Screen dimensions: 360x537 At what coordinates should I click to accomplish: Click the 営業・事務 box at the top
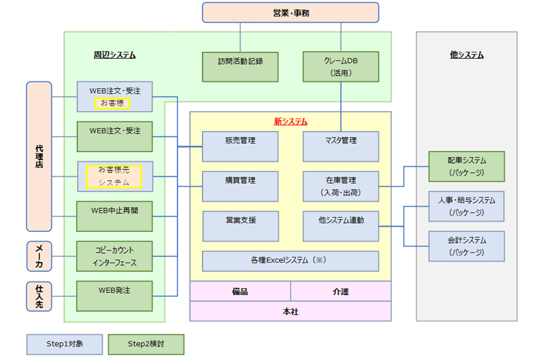[290, 12]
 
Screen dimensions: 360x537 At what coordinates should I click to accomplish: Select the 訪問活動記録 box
[240, 67]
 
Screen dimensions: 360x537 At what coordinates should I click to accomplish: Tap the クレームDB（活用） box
[341, 67]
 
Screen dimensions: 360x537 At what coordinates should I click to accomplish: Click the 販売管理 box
[240, 146]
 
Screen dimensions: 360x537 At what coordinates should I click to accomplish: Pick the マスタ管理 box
[341, 146]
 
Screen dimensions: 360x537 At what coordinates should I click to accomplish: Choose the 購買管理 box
[240, 186]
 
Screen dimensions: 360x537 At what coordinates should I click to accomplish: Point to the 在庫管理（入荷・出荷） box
[341, 186]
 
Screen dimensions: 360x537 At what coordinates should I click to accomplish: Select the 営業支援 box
[240, 226]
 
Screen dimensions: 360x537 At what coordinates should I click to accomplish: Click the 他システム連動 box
[341, 226]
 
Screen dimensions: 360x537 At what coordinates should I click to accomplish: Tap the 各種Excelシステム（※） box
[290, 261]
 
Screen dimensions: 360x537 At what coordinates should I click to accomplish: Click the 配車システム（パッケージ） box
[466, 166]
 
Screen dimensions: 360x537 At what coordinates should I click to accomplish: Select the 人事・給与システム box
[466, 206]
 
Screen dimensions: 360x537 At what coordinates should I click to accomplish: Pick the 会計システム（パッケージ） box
[466, 246]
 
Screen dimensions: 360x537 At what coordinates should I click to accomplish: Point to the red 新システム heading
[290, 121]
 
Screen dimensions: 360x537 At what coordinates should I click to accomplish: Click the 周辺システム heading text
[114, 55]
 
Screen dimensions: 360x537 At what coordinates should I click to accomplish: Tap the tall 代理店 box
[39, 156]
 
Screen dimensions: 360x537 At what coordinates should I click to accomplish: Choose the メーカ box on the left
[39, 256]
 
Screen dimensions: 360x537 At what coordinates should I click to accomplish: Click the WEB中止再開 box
[114, 216]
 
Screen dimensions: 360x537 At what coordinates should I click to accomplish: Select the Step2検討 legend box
[146, 344]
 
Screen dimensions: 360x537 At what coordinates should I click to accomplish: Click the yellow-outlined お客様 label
[112, 102]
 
